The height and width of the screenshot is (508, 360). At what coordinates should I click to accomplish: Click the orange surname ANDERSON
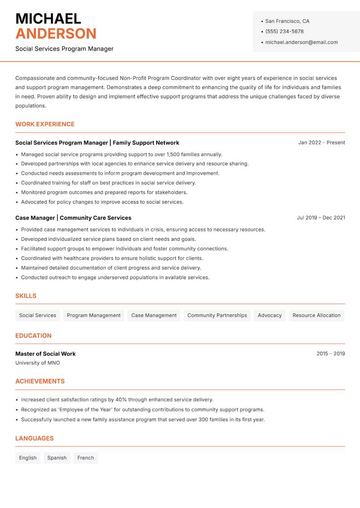tap(56, 34)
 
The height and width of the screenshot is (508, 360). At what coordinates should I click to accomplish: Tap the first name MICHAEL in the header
tap(48, 18)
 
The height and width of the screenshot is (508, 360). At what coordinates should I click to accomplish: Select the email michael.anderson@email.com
tap(301, 42)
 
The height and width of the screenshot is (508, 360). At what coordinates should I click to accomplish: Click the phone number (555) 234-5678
tap(284, 31)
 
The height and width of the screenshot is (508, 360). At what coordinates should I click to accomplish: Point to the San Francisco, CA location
tap(287, 21)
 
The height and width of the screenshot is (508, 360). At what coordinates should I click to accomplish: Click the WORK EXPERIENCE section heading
tap(45, 124)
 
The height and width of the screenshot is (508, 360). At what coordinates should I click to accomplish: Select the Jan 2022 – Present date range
tap(321, 143)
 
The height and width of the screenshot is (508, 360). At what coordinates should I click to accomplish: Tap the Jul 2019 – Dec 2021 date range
tap(321, 218)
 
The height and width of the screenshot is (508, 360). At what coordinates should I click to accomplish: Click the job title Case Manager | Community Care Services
tap(73, 218)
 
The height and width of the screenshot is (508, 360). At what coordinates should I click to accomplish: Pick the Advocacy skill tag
tap(270, 315)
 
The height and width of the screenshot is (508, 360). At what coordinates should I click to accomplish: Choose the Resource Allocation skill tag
tap(316, 315)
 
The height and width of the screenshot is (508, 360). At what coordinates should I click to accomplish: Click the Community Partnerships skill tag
tap(217, 315)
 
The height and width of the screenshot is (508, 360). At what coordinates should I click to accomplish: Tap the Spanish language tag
tap(57, 458)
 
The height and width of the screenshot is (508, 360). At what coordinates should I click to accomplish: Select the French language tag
tap(85, 458)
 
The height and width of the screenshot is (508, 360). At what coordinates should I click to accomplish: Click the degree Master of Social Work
tap(45, 354)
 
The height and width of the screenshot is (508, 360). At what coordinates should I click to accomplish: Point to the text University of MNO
tap(37, 363)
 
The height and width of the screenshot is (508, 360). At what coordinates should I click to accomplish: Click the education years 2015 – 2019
tap(330, 354)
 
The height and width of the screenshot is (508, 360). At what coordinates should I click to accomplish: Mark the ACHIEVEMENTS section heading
tap(40, 381)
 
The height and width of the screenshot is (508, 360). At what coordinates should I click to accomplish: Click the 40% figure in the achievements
tap(121, 400)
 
